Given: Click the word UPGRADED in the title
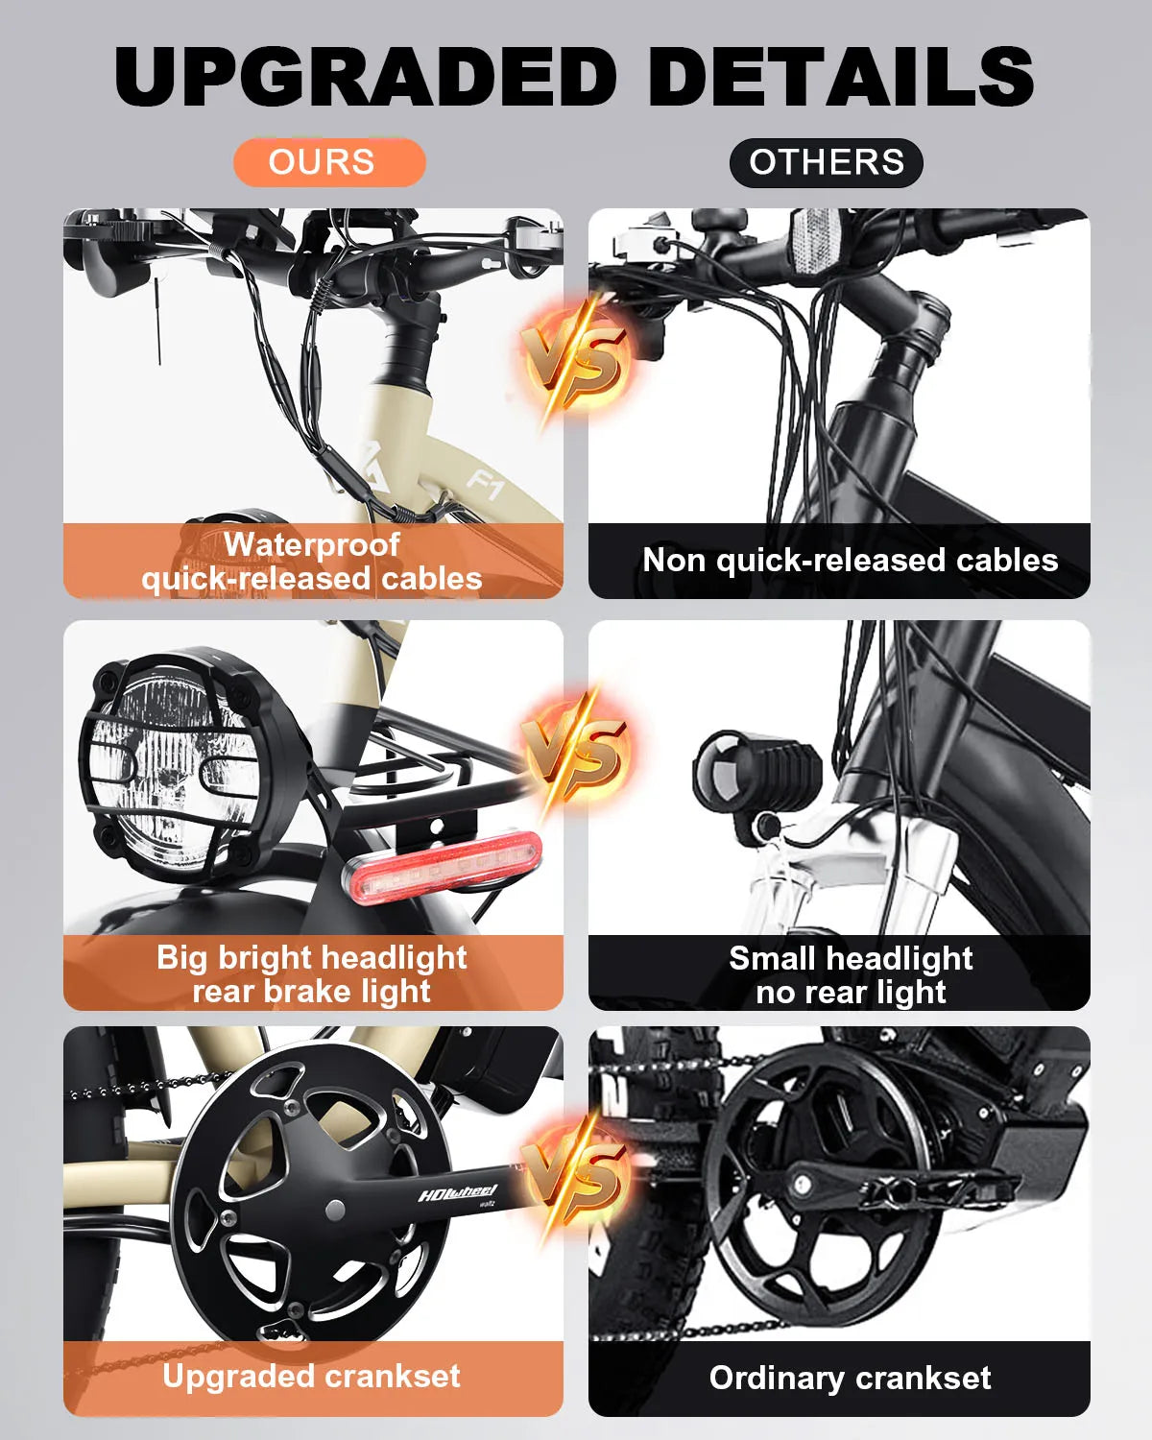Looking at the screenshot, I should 366,77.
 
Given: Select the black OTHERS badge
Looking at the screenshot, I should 826,162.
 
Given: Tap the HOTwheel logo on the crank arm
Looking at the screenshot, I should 458,1193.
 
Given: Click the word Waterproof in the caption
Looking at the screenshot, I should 312,544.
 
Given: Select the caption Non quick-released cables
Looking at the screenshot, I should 850,560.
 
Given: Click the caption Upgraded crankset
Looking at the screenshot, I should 312,1376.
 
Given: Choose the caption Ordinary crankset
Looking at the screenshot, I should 850,1378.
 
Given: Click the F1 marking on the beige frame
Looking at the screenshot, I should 486,485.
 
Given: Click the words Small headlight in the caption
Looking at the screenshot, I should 851,958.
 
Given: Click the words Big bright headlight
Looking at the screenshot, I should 312,957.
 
